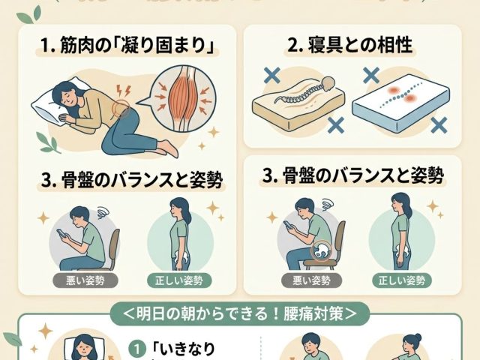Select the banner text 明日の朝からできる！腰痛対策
coord(240,310)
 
